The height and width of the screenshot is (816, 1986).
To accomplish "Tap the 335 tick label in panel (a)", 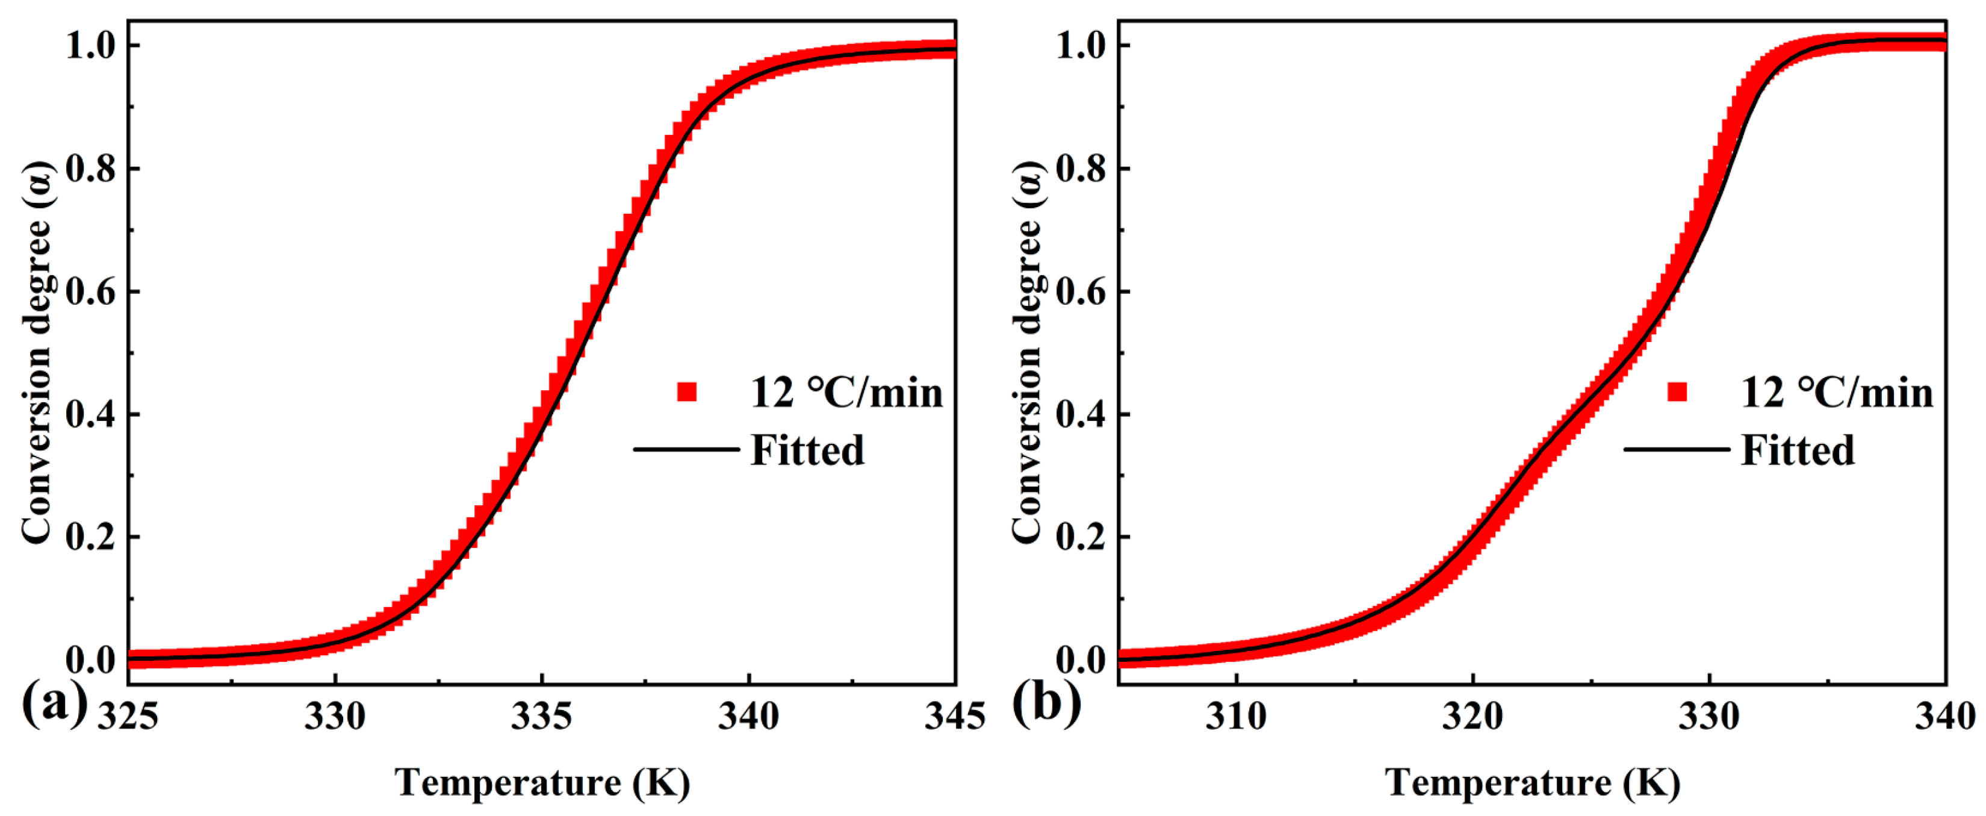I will click(542, 717).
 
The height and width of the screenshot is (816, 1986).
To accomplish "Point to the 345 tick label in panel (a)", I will click(954, 717).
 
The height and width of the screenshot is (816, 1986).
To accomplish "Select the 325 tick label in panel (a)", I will click(128, 717).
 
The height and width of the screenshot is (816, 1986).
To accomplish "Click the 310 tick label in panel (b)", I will click(1236, 717).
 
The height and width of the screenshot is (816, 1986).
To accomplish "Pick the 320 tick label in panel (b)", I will click(1472, 717).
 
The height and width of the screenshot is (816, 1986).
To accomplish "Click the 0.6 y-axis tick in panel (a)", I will click(90, 292).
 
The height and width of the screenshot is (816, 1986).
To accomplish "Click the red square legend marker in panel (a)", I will click(687, 392).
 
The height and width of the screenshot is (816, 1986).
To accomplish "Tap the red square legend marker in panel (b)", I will click(1677, 392).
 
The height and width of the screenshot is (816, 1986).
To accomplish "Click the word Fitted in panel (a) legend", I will click(807, 450).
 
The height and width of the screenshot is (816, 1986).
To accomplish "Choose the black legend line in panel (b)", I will click(1676, 449).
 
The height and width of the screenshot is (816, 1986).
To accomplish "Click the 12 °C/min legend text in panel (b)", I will click(1837, 393).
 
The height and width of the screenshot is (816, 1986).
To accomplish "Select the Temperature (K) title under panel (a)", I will click(542, 783).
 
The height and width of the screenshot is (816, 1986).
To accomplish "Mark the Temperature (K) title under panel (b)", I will click(1533, 783).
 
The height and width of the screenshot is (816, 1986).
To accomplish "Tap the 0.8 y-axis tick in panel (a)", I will click(90, 169).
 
